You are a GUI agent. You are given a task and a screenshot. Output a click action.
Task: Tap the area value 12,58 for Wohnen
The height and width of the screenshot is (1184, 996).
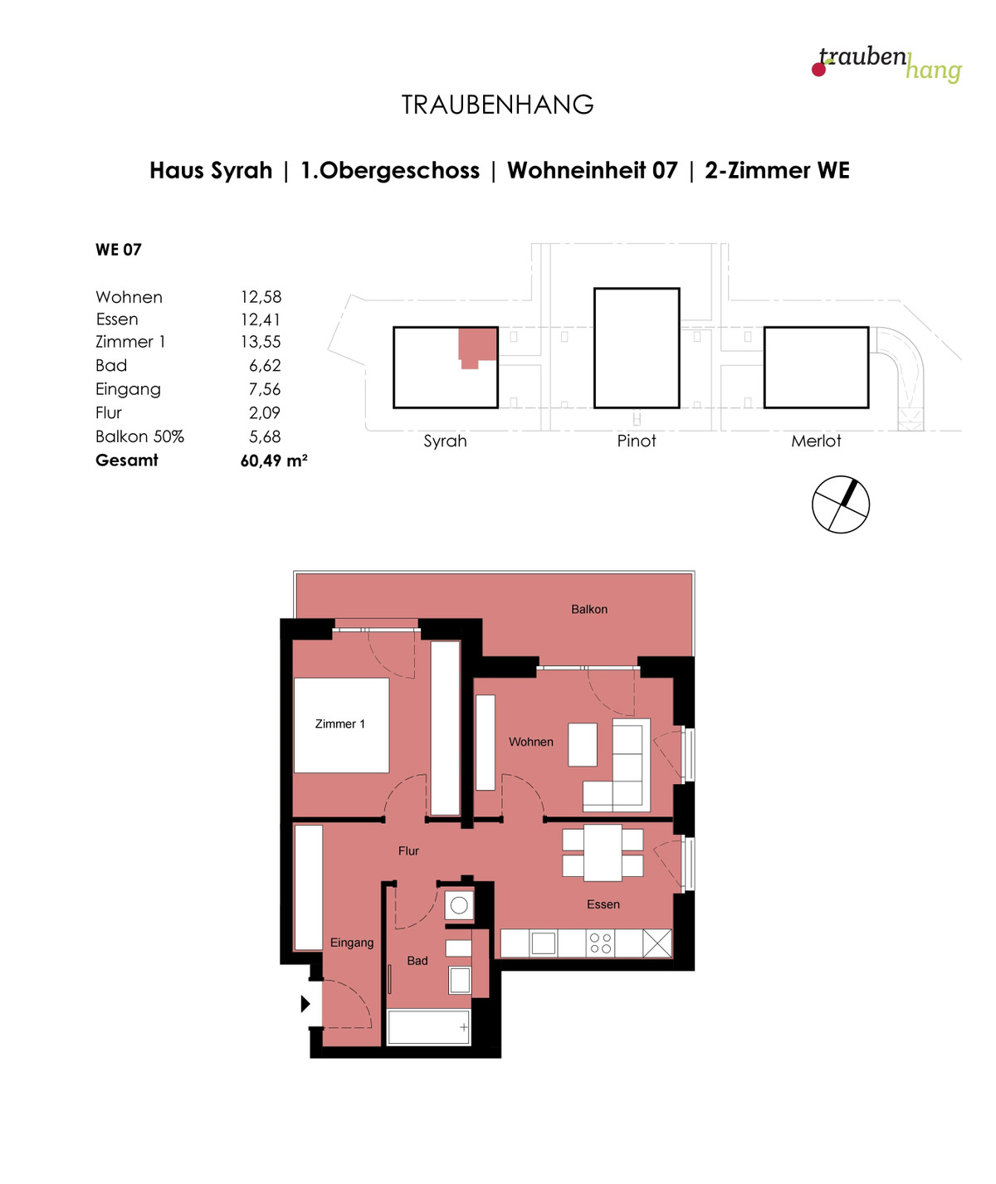click(261, 297)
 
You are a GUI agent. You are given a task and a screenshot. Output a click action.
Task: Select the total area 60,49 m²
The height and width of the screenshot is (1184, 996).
click(274, 460)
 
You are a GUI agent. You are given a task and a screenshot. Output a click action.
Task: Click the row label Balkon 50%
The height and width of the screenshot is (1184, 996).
click(139, 436)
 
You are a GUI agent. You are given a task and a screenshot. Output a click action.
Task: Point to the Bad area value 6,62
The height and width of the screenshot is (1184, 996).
click(265, 366)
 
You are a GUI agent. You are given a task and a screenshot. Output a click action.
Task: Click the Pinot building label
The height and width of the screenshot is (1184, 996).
click(637, 441)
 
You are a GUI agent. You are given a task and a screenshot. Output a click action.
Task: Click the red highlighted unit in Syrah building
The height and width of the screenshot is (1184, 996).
click(477, 347)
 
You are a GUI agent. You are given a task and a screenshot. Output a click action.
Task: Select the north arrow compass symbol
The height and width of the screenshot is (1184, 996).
click(841, 504)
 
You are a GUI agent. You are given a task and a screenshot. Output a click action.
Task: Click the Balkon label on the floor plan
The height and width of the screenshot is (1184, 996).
click(589, 610)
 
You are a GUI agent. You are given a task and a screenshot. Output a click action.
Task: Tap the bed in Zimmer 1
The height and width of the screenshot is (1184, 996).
click(341, 725)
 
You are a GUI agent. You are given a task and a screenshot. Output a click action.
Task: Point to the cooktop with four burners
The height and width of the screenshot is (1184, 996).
click(601, 943)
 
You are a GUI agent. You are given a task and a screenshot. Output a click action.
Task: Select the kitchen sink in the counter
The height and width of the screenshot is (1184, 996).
click(543, 943)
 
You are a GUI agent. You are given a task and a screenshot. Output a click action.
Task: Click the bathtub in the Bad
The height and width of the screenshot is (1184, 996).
click(428, 1027)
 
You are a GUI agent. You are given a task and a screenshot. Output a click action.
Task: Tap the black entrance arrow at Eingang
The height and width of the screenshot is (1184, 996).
click(305, 1004)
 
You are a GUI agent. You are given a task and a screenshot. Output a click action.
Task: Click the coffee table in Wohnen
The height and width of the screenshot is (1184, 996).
click(583, 744)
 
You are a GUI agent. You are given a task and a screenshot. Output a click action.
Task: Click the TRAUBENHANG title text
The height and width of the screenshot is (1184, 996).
click(497, 105)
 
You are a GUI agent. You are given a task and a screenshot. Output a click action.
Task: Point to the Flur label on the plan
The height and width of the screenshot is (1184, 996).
click(408, 850)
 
